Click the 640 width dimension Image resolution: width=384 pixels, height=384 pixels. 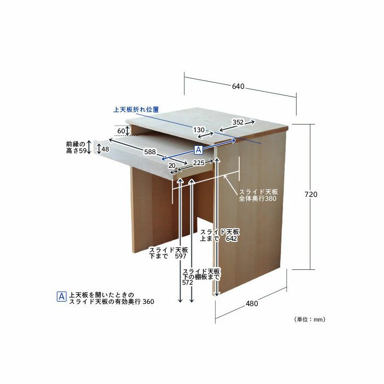[238, 86]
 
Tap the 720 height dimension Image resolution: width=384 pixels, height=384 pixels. [311, 194]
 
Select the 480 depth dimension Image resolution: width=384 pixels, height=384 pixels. [252, 303]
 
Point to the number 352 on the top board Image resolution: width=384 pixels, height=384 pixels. [238, 122]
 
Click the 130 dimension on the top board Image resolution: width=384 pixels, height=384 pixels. [199, 130]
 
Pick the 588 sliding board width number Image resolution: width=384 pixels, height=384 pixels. [150, 152]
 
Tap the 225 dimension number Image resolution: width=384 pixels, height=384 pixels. [199, 162]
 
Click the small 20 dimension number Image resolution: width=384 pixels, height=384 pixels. [172, 166]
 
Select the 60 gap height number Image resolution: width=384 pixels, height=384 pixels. [121, 131]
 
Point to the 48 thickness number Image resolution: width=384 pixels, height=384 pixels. [105, 149]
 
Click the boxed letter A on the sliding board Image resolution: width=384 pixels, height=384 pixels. [199, 150]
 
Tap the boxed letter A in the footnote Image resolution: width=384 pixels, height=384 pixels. [61, 297]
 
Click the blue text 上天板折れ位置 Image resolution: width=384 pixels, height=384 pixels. [136, 110]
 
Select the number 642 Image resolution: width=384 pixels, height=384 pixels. [231, 238]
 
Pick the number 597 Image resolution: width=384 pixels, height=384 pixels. [180, 256]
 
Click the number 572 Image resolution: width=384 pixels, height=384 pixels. [188, 283]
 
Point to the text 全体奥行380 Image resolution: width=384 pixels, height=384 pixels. [258, 199]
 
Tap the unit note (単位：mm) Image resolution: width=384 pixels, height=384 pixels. [309, 319]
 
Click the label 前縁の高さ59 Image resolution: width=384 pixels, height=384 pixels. [76, 147]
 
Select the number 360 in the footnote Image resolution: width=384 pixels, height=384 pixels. [149, 302]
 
